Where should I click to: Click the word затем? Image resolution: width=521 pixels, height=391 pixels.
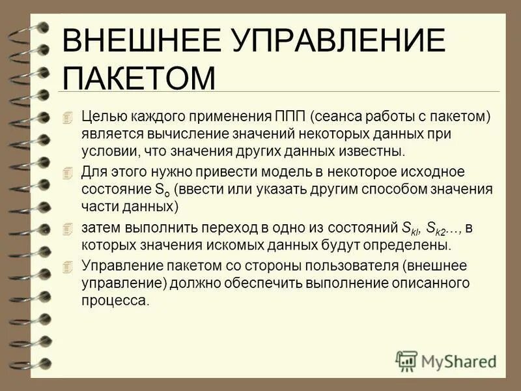[98, 227]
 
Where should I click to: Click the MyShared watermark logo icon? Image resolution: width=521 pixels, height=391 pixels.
[407, 360]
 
